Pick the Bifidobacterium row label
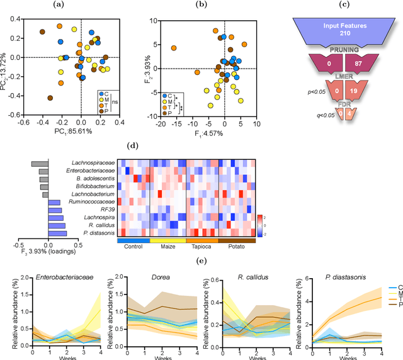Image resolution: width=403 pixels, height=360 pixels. (90, 186)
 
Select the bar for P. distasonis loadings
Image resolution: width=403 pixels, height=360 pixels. (58, 233)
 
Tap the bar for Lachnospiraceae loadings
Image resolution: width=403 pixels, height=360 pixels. (40, 164)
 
